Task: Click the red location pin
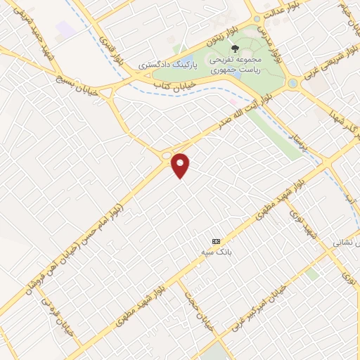[181, 165]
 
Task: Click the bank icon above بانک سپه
[216, 240]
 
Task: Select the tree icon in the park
[234, 50]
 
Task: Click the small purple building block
[65, 29]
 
